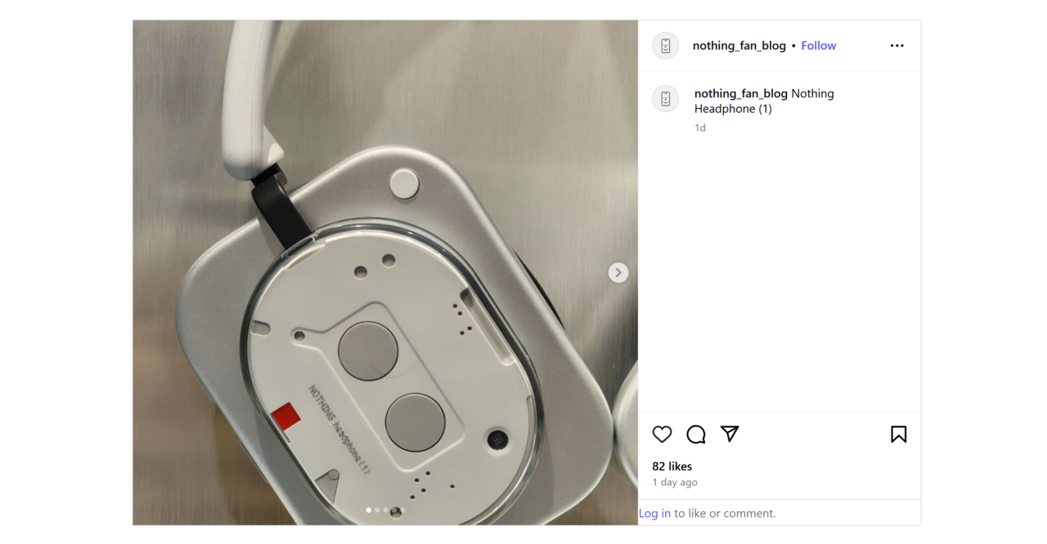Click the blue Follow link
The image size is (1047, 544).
818,46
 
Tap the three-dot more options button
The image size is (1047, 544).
896,46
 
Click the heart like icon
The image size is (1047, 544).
662,434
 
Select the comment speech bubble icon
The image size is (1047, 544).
696,434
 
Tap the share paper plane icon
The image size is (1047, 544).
730,434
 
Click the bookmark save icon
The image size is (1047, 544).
898,434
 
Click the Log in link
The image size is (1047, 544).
654,513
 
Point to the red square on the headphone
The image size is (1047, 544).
285,416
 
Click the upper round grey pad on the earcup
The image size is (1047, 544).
368,351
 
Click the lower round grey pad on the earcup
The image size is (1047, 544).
415,422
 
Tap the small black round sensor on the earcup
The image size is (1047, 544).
497,439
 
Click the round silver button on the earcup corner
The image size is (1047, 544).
404,184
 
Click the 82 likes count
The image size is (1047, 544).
672,466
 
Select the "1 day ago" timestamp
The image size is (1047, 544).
675,483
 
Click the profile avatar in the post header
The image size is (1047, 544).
666,46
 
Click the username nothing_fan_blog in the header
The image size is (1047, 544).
739,46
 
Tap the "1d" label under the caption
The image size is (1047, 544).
700,128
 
